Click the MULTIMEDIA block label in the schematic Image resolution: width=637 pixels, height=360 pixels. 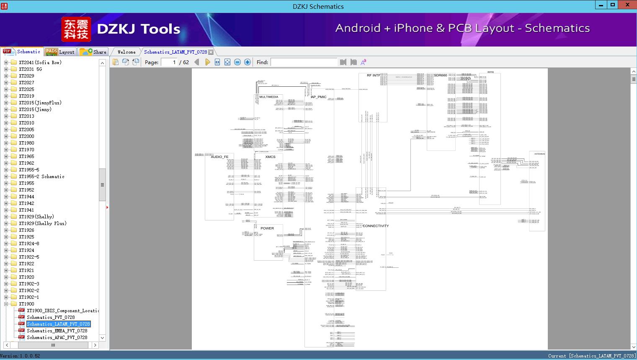(x=268, y=97)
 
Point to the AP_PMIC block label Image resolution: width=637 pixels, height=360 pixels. (x=319, y=97)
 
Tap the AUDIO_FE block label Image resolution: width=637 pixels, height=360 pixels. (x=219, y=157)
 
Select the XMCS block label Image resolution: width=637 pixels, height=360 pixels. (x=271, y=157)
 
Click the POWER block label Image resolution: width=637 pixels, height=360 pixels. (x=267, y=228)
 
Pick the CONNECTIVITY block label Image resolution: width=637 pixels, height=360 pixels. (x=376, y=226)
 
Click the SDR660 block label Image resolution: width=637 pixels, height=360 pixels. (x=440, y=75)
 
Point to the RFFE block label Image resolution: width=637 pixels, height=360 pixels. (x=490, y=72)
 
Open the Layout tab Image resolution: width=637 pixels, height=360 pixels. (x=60, y=52)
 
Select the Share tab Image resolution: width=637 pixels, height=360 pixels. (x=93, y=52)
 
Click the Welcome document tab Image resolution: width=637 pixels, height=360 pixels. (x=126, y=52)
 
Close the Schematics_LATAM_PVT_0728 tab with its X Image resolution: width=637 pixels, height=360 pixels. (x=211, y=52)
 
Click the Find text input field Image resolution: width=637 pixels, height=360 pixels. (x=304, y=62)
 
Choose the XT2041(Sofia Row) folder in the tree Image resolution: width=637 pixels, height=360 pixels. (x=40, y=62)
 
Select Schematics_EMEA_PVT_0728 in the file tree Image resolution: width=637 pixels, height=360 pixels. (x=57, y=331)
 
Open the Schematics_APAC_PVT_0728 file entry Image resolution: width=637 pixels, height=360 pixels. (x=57, y=337)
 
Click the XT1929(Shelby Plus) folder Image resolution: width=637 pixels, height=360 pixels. (x=42, y=223)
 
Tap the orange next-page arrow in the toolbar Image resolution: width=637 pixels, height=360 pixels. (x=207, y=62)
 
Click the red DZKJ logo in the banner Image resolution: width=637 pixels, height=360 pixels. (x=76, y=29)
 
